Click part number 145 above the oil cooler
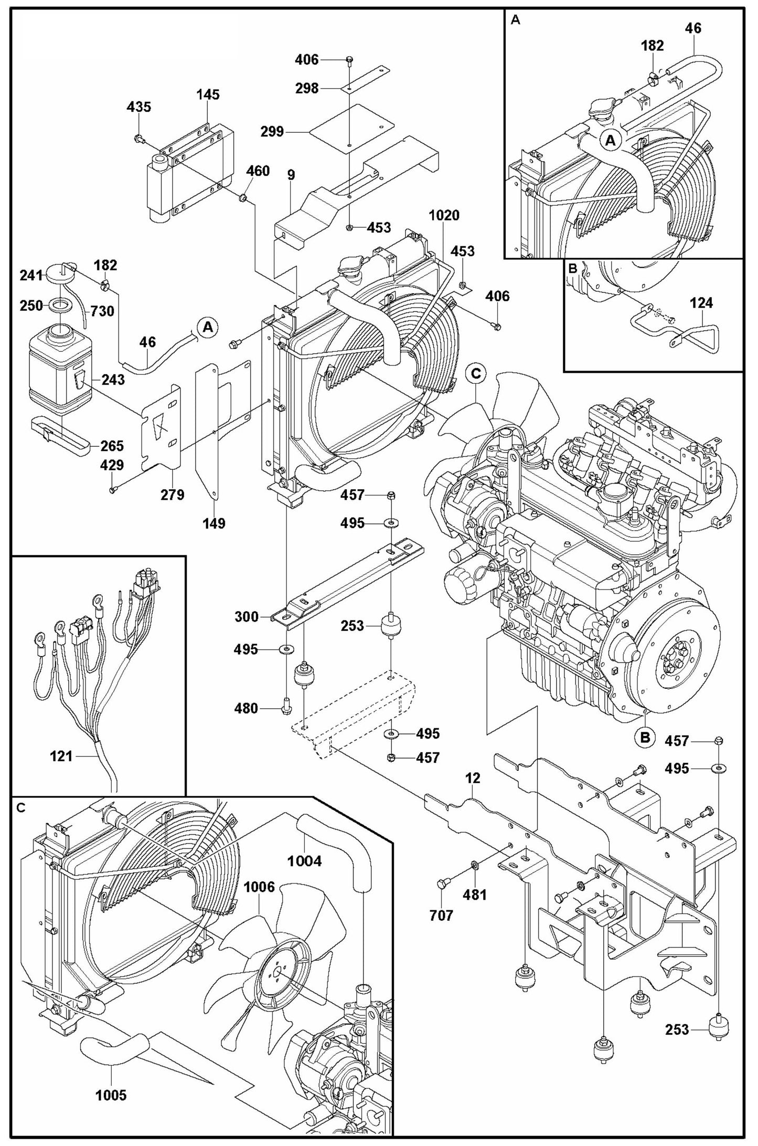coord(208,95)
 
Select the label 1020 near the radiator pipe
coord(444,215)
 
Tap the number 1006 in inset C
coord(259,887)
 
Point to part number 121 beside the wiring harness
coord(61,756)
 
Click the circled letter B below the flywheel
coord(645,737)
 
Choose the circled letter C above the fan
coord(476,374)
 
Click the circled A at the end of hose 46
coord(208,327)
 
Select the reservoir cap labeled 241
coord(57,273)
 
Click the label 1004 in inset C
coord(304,861)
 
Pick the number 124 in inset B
coord(701,303)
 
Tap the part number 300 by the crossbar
coord(247,616)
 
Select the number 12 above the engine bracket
coord(473,778)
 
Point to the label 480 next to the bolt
coord(247,709)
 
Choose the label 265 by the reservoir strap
coord(112,446)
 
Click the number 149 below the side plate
coord(214,523)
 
